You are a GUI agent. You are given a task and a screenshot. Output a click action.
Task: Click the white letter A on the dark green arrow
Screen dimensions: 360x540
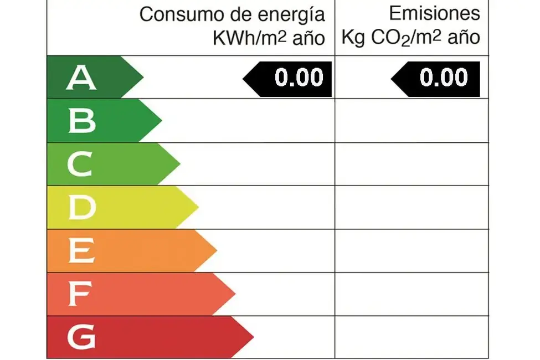tap(81, 77)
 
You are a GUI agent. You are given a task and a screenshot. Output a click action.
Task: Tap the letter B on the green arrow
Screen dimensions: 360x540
tap(81, 121)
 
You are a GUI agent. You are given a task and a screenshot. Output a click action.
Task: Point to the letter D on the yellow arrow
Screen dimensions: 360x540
tap(81, 208)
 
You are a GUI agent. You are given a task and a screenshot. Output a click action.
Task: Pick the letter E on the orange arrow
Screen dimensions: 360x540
tap(81, 251)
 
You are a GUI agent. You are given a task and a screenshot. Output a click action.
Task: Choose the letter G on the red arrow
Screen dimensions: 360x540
tap(81, 337)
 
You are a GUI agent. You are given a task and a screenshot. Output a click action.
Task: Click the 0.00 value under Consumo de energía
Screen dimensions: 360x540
tap(299, 78)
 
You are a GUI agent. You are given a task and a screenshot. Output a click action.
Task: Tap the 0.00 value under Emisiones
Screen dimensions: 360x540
tap(444, 78)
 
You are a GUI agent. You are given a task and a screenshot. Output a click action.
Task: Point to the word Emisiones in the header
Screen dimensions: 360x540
tap(434, 13)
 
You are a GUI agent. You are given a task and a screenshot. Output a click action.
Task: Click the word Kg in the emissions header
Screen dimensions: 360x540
tap(353, 38)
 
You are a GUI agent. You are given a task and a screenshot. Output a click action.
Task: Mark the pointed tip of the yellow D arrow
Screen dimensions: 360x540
tap(198, 207)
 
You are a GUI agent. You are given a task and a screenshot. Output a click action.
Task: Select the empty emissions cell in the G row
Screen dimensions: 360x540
tap(412, 337)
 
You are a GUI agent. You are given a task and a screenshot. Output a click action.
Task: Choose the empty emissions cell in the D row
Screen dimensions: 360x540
tap(412, 207)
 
